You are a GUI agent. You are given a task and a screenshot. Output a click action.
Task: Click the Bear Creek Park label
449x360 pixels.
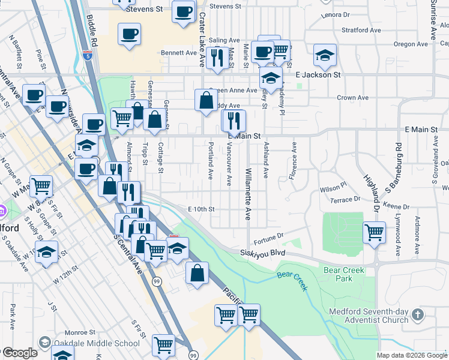tap(344, 275)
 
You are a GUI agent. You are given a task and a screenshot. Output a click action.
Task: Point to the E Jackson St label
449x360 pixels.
tap(318, 75)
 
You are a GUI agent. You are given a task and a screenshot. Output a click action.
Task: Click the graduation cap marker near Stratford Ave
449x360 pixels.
tap(325, 55)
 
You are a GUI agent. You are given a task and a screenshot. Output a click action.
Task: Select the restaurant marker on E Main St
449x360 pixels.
tap(234, 120)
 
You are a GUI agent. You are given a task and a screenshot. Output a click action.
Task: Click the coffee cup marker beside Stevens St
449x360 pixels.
tap(184, 11)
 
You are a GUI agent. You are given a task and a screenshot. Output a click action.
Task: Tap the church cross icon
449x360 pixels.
tap(420, 314)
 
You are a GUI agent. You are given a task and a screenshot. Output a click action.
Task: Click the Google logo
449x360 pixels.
tap(20, 353)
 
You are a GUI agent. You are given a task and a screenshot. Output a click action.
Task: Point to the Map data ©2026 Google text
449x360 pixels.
tap(411, 355)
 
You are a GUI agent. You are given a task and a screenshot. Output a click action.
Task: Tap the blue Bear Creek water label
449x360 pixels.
tap(292, 281)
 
